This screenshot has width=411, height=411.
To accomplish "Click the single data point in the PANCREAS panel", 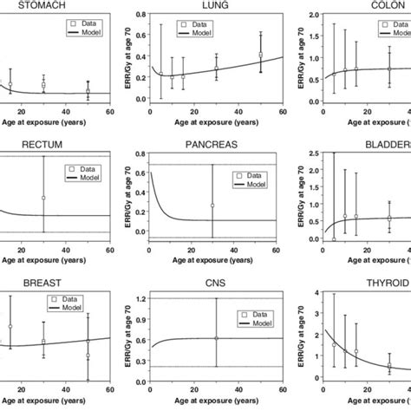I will click(x=212, y=205).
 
